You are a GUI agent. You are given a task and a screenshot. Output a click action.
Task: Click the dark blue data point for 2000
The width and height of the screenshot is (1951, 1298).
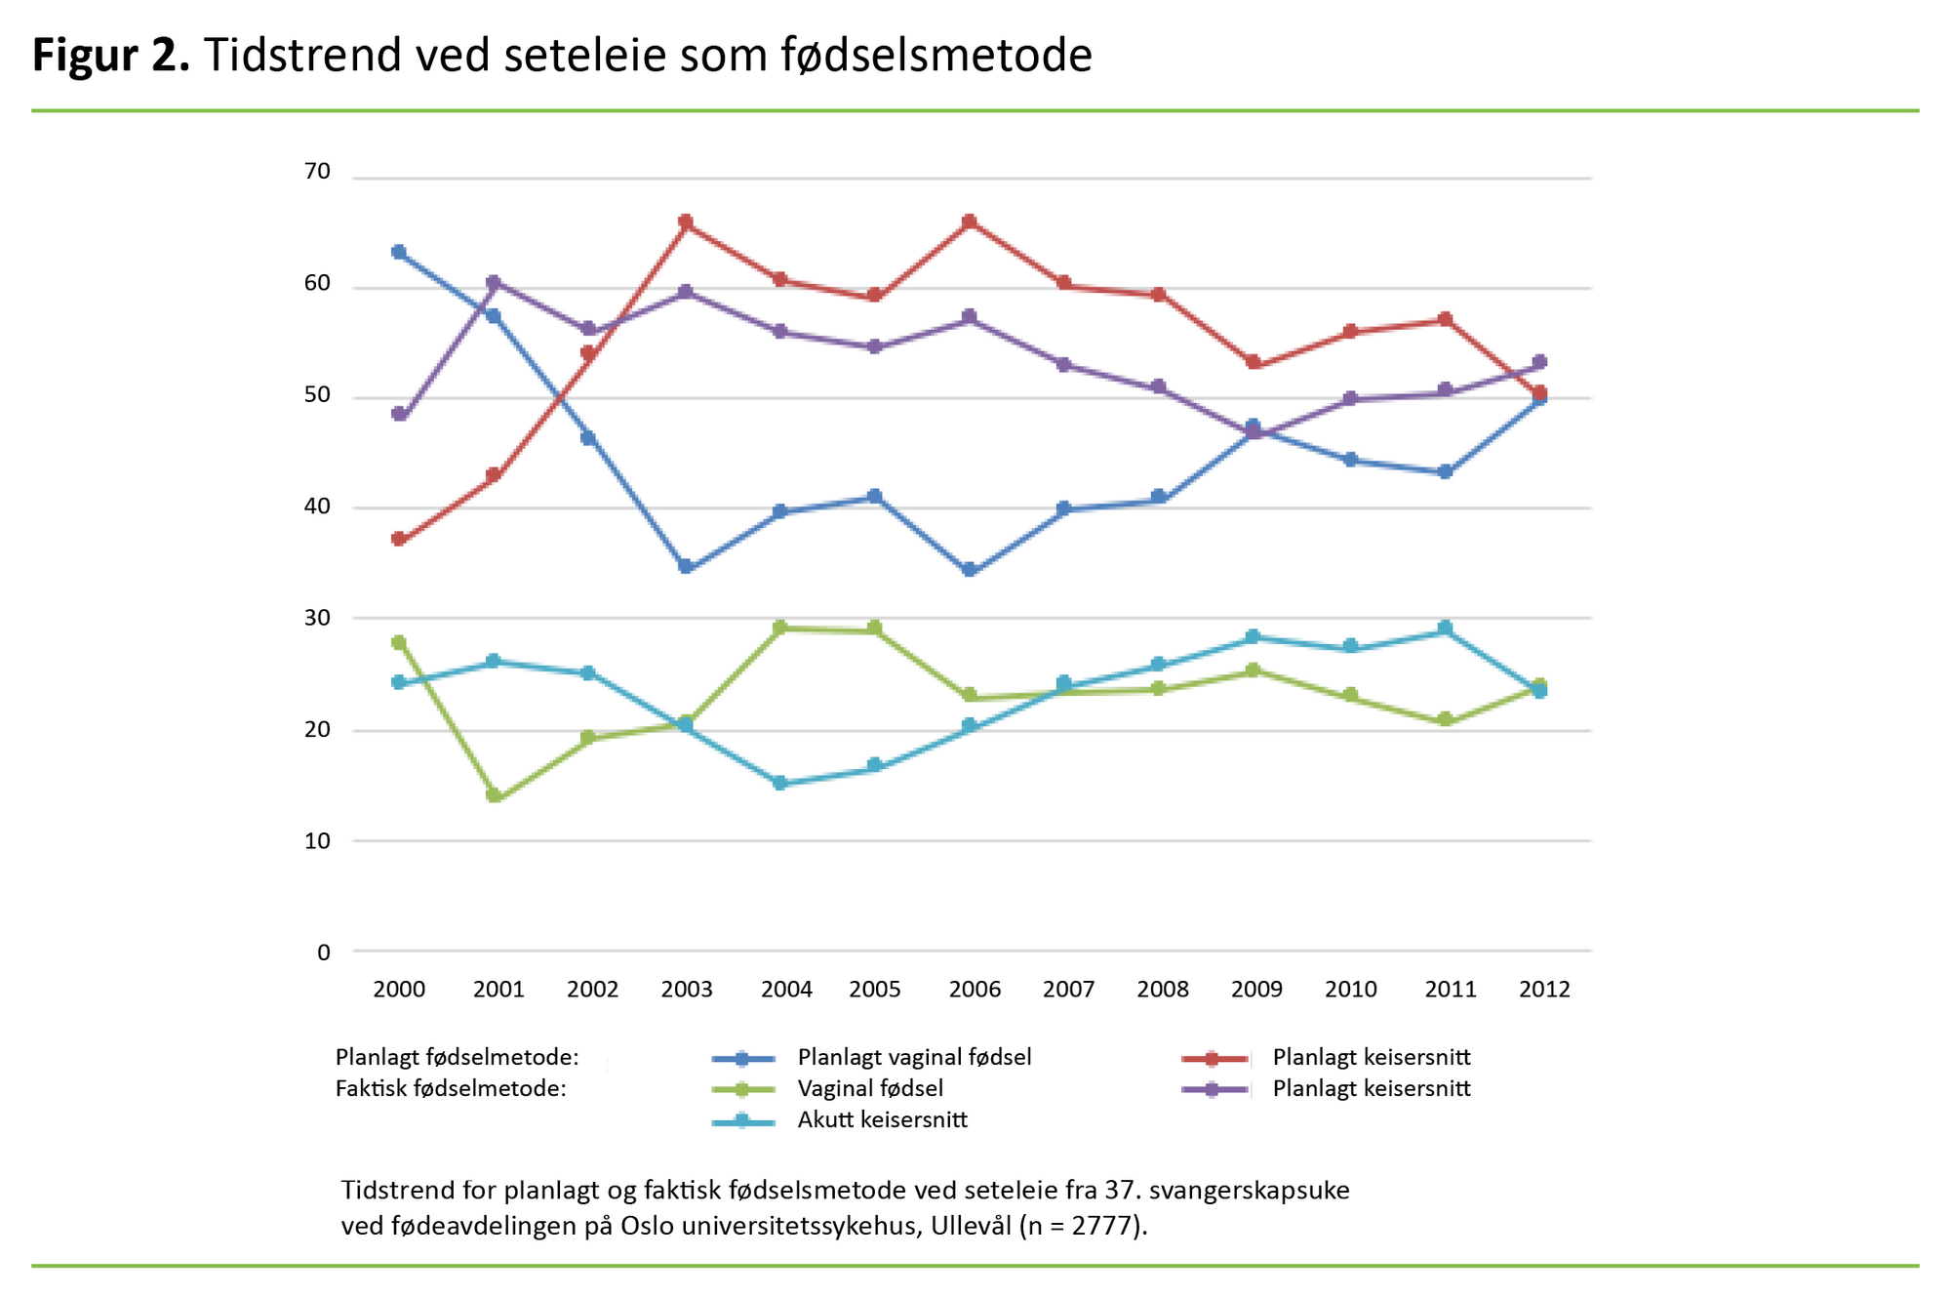(x=399, y=252)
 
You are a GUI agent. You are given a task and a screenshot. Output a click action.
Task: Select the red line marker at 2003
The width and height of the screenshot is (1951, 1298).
(x=686, y=223)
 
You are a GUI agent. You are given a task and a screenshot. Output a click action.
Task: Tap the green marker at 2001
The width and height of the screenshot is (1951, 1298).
(x=495, y=795)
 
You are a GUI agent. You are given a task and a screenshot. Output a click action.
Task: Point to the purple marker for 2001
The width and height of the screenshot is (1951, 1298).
(x=494, y=283)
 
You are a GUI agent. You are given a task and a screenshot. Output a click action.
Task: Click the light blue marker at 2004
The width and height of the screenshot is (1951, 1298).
(x=780, y=783)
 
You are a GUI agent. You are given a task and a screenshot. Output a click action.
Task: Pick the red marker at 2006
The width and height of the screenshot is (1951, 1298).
(x=970, y=223)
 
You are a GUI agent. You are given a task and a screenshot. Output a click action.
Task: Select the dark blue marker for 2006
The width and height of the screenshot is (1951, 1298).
(x=970, y=570)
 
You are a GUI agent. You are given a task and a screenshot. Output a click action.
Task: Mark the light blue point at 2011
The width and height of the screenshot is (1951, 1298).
(x=1446, y=629)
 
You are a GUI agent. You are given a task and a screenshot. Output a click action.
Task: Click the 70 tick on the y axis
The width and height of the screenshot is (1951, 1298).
(x=317, y=172)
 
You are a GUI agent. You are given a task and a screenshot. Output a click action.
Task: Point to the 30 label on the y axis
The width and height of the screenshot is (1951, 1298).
(x=317, y=618)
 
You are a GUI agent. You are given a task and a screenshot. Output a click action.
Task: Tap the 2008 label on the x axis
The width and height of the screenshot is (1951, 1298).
(x=1163, y=990)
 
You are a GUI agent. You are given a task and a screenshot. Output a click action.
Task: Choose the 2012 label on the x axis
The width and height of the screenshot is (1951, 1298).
(x=1544, y=990)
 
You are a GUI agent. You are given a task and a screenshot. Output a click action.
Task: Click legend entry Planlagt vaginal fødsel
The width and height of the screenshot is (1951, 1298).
(x=914, y=1057)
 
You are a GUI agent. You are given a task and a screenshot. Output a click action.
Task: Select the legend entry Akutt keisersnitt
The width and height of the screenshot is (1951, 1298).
(x=882, y=1119)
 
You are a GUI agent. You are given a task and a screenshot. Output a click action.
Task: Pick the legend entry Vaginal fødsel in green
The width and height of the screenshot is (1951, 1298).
(x=870, y=1088)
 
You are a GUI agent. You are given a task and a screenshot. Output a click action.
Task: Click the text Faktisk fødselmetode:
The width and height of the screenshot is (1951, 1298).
(x=451, y=1088)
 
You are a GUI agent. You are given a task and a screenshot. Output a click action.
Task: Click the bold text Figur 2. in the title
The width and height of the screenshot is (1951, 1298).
(x=110, y=55)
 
